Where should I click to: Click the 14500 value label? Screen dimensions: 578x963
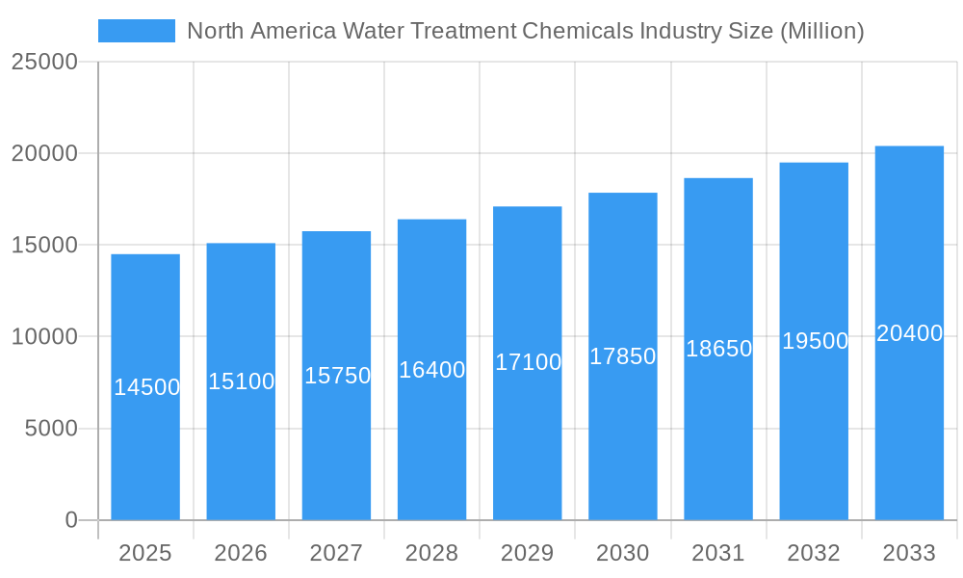[x=146, y=387]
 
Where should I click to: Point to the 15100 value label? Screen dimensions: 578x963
[x=242, y=381]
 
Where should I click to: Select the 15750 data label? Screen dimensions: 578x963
[x=337, y=376]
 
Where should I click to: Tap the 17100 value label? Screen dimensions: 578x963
[x=528, y=362]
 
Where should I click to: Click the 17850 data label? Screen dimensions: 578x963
[x=623, y=356]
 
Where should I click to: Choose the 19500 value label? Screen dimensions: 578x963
[x=815, y=341]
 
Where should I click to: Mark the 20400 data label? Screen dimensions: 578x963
[x=909, y=333]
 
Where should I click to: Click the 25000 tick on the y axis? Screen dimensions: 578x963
[x=43, y=62]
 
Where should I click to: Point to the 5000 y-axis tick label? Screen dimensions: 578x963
[x=51, y=429]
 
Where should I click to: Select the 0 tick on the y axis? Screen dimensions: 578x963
[x=70, y=520]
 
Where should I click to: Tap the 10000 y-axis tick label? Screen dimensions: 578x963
[x=43, y=337]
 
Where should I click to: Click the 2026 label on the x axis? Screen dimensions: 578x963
[x=241, y=553]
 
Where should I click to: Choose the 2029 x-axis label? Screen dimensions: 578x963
[x=528, y=553]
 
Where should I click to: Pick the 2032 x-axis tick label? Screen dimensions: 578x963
[x=814, y=553]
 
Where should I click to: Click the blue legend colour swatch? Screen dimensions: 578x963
[x=137, y=31]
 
